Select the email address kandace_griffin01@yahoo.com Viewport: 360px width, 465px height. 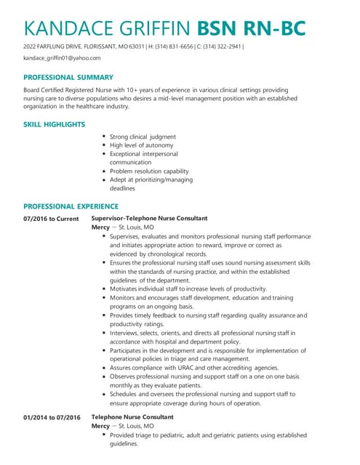(62, 57)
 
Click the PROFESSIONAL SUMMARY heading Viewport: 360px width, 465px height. (68, 77)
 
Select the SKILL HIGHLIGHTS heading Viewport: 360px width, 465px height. (55, 125)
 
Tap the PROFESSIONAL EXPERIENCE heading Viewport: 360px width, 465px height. (71, 206)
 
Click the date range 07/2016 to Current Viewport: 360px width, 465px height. (51, 218)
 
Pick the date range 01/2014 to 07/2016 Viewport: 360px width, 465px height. (51, 417)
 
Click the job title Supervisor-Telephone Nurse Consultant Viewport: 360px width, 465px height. (149, 218)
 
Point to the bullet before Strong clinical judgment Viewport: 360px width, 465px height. (105, 137)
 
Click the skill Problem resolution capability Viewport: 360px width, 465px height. (149, 171)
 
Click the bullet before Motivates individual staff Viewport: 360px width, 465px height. (105, 288)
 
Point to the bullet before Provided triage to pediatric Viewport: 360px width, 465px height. (105, 434)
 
